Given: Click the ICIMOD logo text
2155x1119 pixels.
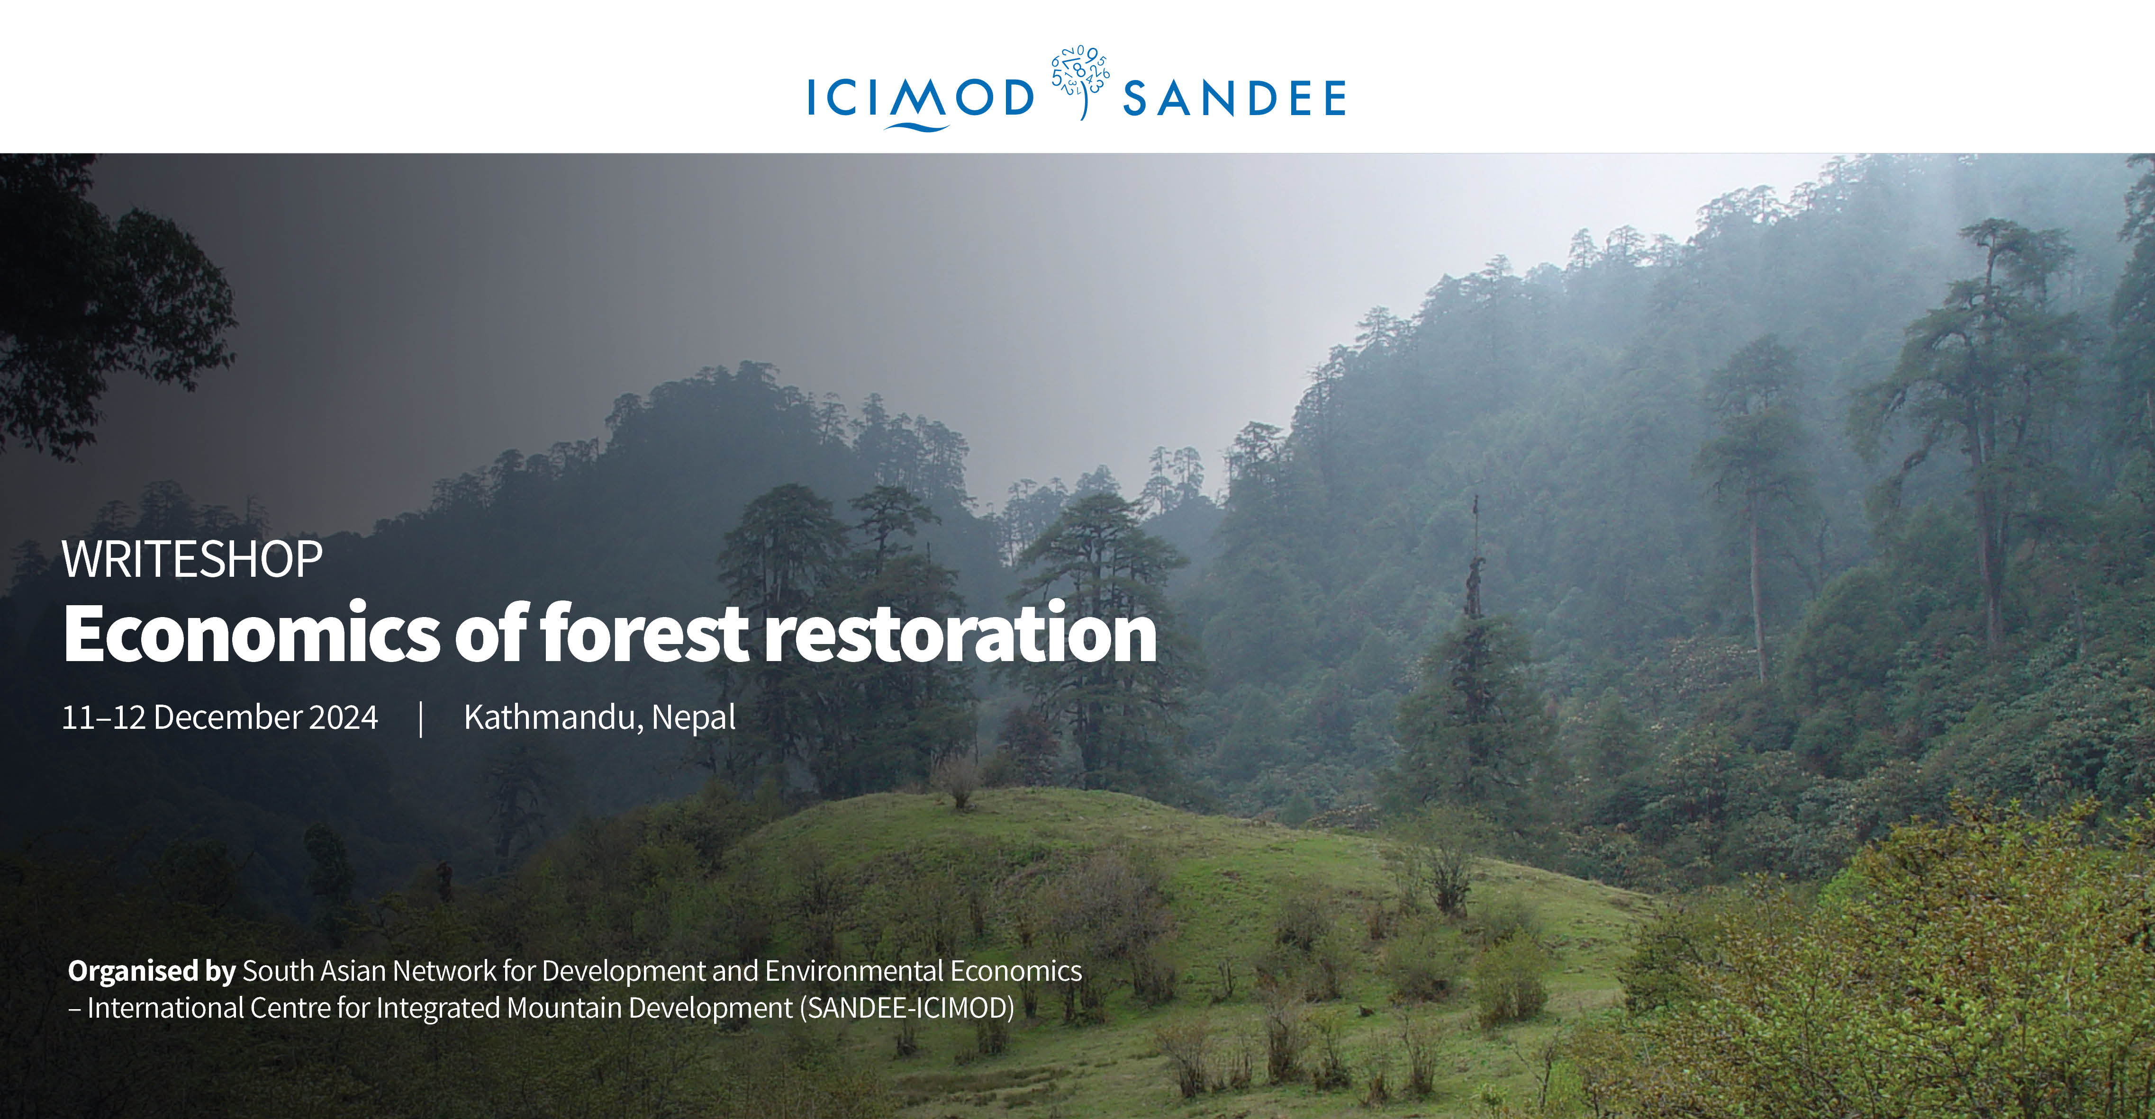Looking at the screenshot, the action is [x=920, y=98].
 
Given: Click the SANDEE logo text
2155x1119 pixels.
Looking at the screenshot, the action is [x=1234, y=98].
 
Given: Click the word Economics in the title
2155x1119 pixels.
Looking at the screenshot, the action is [x=251, y=633].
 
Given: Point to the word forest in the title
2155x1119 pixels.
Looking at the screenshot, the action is [x=644, y=633].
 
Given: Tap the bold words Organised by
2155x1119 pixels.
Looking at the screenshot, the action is [x=152, y=971].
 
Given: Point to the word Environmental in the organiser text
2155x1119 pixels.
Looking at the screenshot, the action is [x=854, y=971].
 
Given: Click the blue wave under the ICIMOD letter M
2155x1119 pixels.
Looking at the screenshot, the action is [x=918, y=127].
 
